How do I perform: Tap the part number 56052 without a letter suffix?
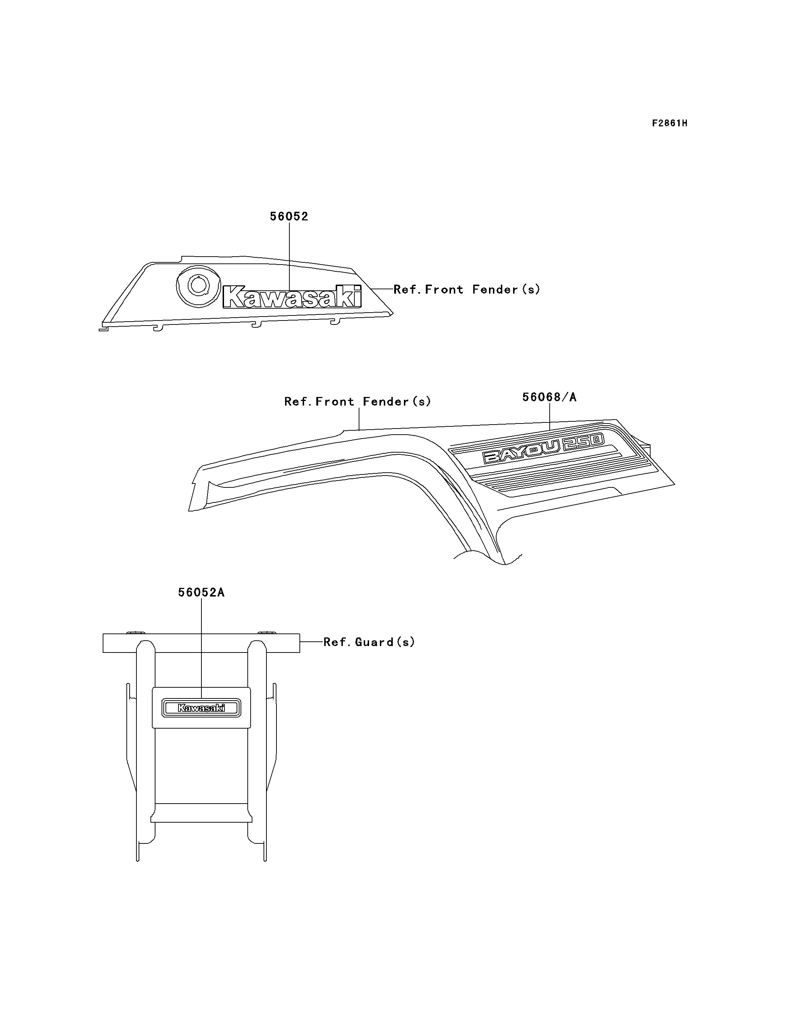point(289,216)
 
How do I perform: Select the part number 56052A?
point(201,593)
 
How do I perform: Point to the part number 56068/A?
point(549,397)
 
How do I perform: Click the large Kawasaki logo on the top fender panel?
point(292,296)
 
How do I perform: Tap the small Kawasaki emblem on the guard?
point(201,708)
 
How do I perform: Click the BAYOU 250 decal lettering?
point(544,448)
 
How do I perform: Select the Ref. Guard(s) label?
point(369,642)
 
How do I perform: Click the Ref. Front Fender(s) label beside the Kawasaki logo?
point(467,289)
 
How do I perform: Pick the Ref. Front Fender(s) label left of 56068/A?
point(358,401)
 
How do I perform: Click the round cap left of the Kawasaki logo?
point(199,284)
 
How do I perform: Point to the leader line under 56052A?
point(201,649)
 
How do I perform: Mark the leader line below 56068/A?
point(549,416)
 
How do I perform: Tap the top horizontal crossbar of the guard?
point(201,643)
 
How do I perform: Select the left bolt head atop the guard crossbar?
point(135,632)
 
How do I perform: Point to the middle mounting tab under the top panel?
point(256,324)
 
